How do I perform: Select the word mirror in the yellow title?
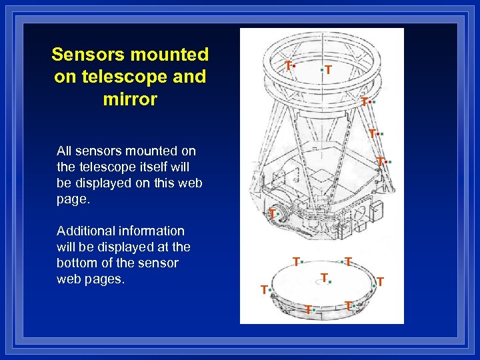click(x=130, y=99)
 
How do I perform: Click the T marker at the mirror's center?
click(x=323, y=277)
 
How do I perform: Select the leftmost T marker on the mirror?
click(x=264, y=289)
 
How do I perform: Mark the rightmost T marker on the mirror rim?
click(x=380, y=282)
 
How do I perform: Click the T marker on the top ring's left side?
click(x=287, y=65)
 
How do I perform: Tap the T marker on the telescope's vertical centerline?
click(x=329, y=69)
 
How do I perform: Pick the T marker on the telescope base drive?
click(x=272, y=213)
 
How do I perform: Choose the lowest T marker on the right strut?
click(x=379, y=161)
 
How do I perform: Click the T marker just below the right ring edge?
click(x=364, y=102)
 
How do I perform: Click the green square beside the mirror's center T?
click(x=330, y=282)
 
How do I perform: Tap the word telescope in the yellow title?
click(x=107, y=77)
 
